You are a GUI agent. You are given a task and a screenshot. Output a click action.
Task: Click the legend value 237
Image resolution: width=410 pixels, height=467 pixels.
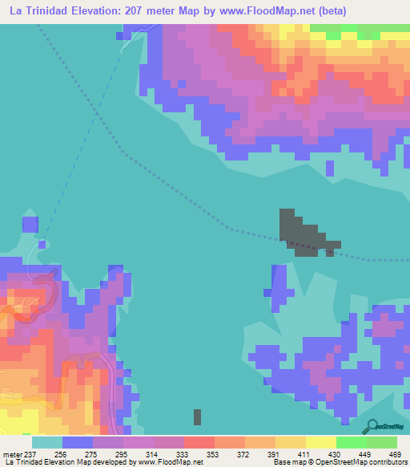[x=30, y=453]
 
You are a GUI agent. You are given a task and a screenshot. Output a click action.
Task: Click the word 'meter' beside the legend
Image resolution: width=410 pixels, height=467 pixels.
[x=11, y=453]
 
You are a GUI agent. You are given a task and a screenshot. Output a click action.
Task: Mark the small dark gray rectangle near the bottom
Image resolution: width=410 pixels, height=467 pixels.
[x=198, y=416]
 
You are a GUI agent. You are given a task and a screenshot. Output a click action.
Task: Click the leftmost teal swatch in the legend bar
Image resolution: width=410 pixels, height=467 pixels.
[x=46, y=442]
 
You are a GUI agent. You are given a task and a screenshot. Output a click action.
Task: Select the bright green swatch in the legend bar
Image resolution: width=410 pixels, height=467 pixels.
[x=351, y=442]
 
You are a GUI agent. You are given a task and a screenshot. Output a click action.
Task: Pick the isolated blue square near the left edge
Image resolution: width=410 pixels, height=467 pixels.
[x=30, y=224]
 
